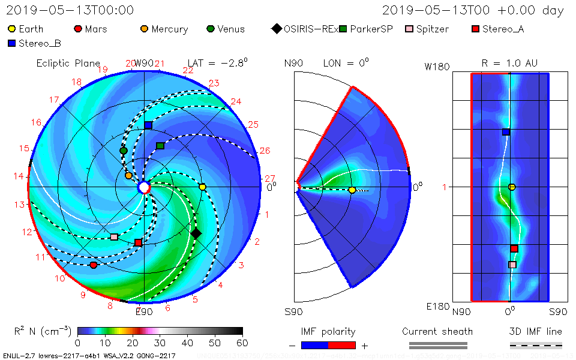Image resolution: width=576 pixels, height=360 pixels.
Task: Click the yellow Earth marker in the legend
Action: click(x=12, y=29)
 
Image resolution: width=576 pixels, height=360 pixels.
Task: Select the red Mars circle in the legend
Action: click(x=77, y=29)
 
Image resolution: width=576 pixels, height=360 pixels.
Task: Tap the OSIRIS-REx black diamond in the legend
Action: click(x=276, y=29)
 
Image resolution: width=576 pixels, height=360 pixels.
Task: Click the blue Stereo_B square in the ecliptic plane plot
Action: click(x=148, y=125)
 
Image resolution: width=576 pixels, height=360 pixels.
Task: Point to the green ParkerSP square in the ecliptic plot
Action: click(x=160, y=146)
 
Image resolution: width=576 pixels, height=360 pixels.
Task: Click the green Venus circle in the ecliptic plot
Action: click(x=124, y=151)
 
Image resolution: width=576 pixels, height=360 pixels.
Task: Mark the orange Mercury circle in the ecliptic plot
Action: click(x=128, y=176)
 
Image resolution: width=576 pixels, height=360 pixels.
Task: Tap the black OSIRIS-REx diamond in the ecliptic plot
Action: click(x=196, y=233)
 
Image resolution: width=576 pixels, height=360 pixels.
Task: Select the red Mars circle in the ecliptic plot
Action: click(x=94, y=265)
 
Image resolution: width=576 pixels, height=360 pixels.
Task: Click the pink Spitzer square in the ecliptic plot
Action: click(x=114, y=237)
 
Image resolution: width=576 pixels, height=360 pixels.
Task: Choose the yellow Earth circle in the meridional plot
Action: click(x=352, y=190)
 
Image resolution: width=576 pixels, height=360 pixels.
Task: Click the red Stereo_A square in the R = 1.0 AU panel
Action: click(x=514, y=248)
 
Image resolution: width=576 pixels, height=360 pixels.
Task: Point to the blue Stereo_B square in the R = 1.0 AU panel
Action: click(x=506, y=132)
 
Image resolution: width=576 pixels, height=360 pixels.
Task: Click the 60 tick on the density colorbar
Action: click(x=242, y=343)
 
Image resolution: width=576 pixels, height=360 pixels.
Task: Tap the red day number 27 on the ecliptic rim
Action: click(x=269, y=178)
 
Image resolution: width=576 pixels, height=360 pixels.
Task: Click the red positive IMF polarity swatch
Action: click(x=342, y=345)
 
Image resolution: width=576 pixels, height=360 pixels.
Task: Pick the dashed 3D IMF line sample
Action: click(x=536, y=345)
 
